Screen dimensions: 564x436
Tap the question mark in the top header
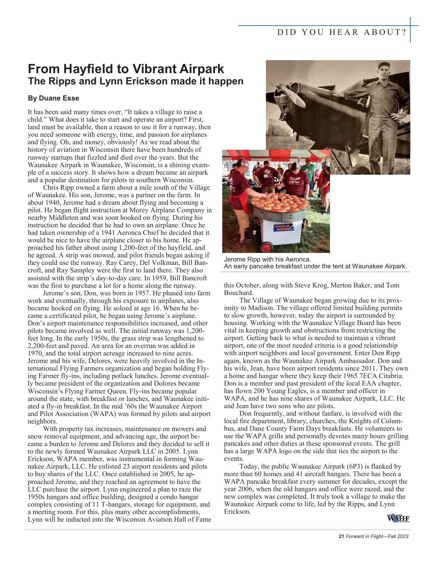[x=404, y=32]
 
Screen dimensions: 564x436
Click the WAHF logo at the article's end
[x=398, y=518]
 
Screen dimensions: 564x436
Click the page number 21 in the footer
[x=341, y=536]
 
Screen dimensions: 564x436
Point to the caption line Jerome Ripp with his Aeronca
[x=267, y=259]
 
